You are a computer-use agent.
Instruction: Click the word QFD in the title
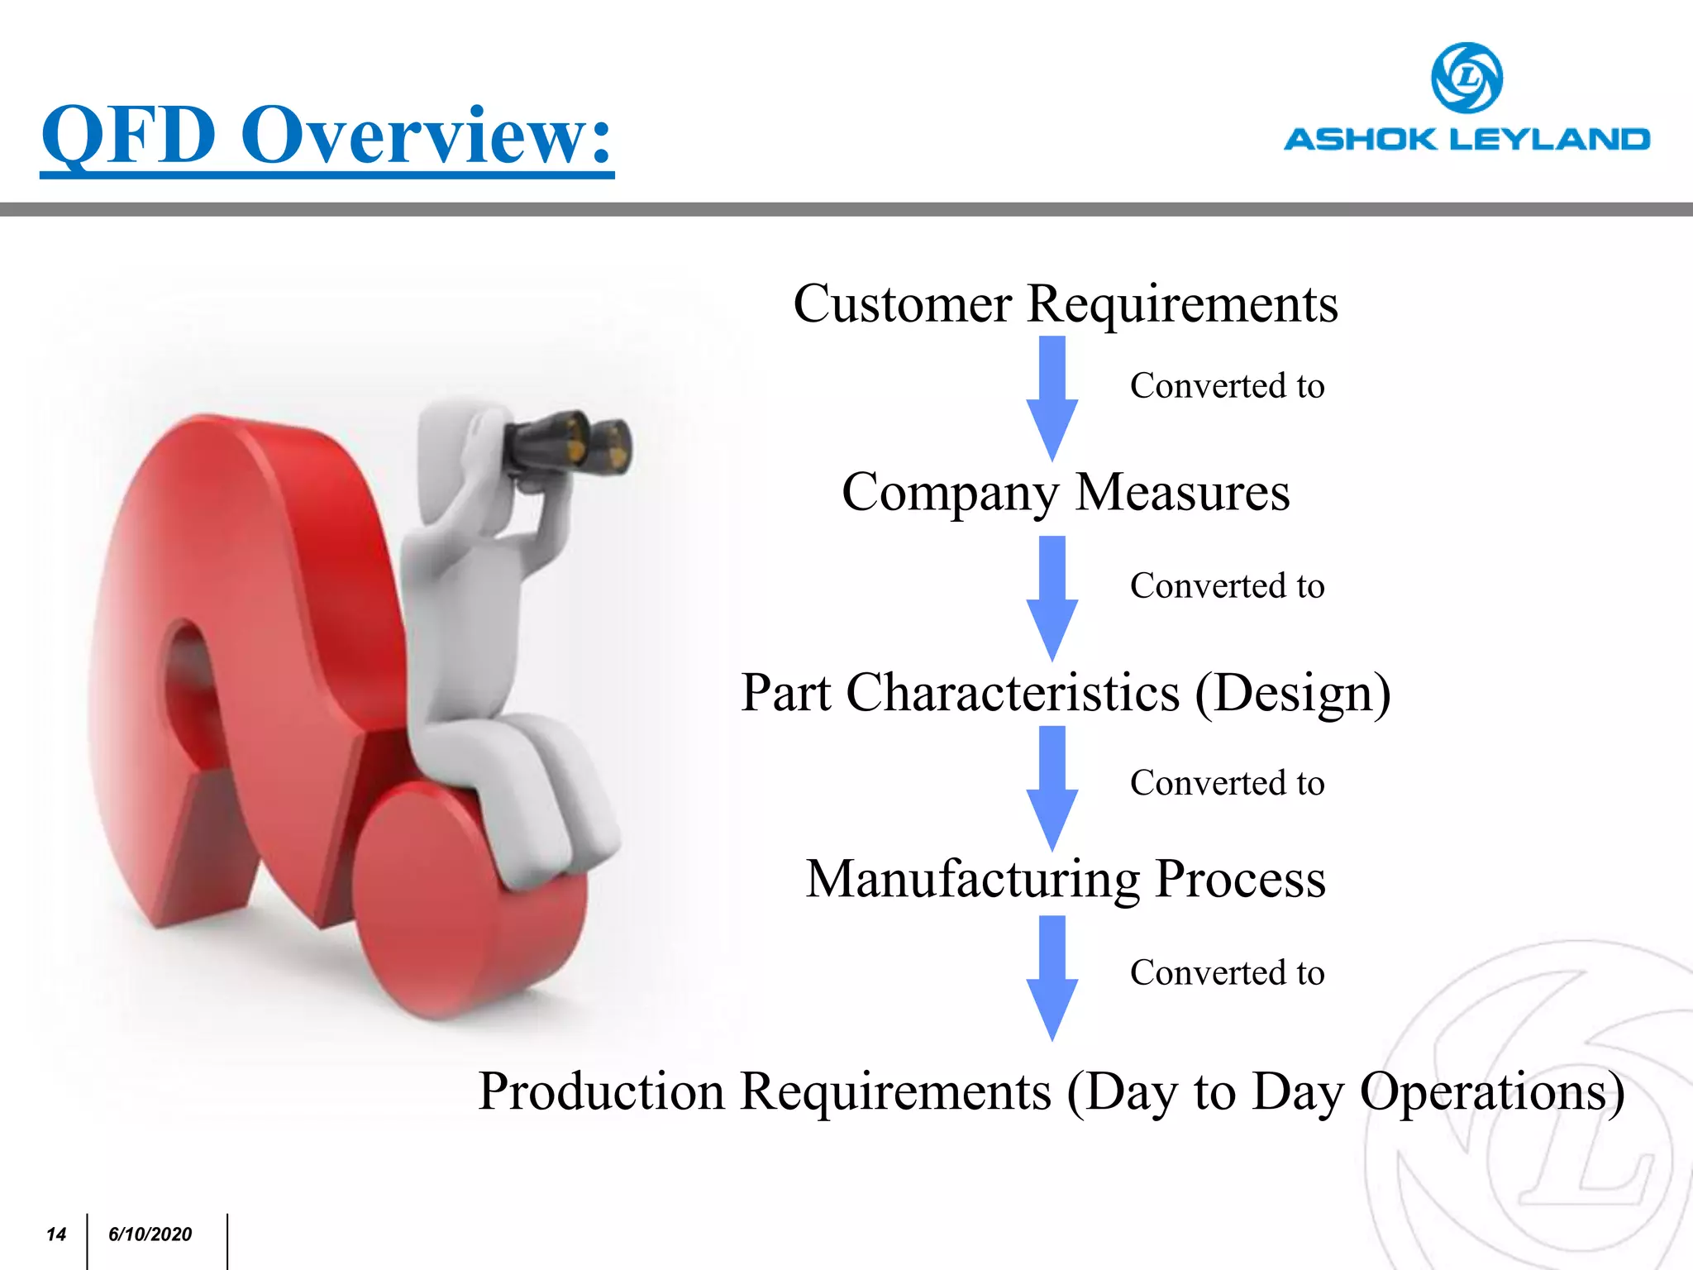click(129, 136)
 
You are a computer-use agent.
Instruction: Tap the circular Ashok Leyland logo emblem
click(1466, 78)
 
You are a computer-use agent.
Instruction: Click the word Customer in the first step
click(902, 304)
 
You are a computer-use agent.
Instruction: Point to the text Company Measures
click(1065, 493)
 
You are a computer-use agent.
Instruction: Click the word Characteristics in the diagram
click(1013, 693)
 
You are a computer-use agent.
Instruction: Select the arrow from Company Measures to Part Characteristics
click(1052, 598)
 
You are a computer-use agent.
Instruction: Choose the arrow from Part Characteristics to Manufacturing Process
click(1052, 788)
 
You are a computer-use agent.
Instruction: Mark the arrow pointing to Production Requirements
click(1052, 977)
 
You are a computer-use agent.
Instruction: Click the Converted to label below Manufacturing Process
click(1227, 973)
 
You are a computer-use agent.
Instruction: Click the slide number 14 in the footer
click(56, 1234)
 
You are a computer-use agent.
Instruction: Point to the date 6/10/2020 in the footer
click(150, 1234)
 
